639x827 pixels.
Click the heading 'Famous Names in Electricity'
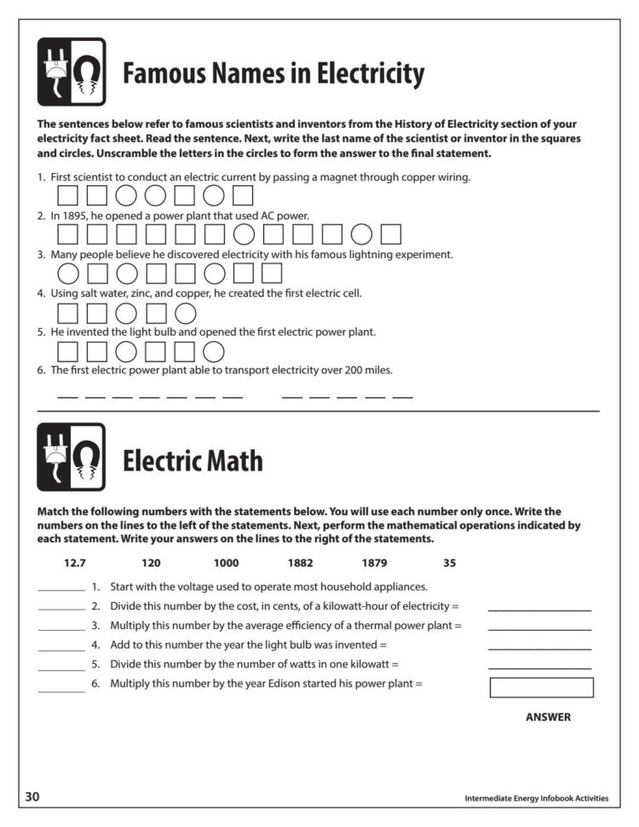tap(273, 75)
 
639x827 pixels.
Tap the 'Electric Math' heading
tap(193, 461)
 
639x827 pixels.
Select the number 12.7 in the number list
tap(76, 563)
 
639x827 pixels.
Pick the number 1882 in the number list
tap(300, 563)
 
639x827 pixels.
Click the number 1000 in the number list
tap(227, 563)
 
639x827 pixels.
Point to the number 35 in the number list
tap(450, 563)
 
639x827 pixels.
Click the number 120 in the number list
tap(151, 563)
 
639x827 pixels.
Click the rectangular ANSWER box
tap(541, 687)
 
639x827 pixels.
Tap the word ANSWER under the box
tap(548, 717)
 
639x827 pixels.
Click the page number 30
tap(32, 797)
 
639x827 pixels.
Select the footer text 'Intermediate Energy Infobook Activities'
tap(536, 799)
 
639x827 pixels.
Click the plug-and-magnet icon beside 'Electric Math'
tap(72, 457)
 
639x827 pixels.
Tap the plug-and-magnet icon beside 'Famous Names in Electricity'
tap(72, 72)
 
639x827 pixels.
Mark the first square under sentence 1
tap(67, 196)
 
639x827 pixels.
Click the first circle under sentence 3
tap(67, 274)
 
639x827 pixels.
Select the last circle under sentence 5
tap(214, 351)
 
